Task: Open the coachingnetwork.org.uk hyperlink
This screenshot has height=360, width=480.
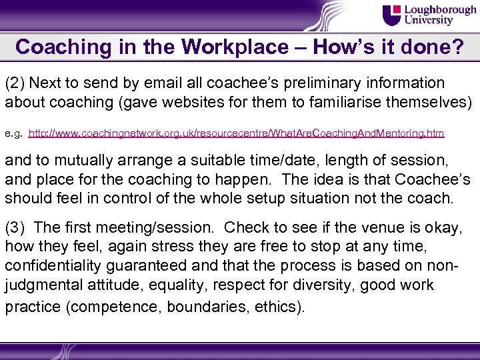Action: pos(237,133)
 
